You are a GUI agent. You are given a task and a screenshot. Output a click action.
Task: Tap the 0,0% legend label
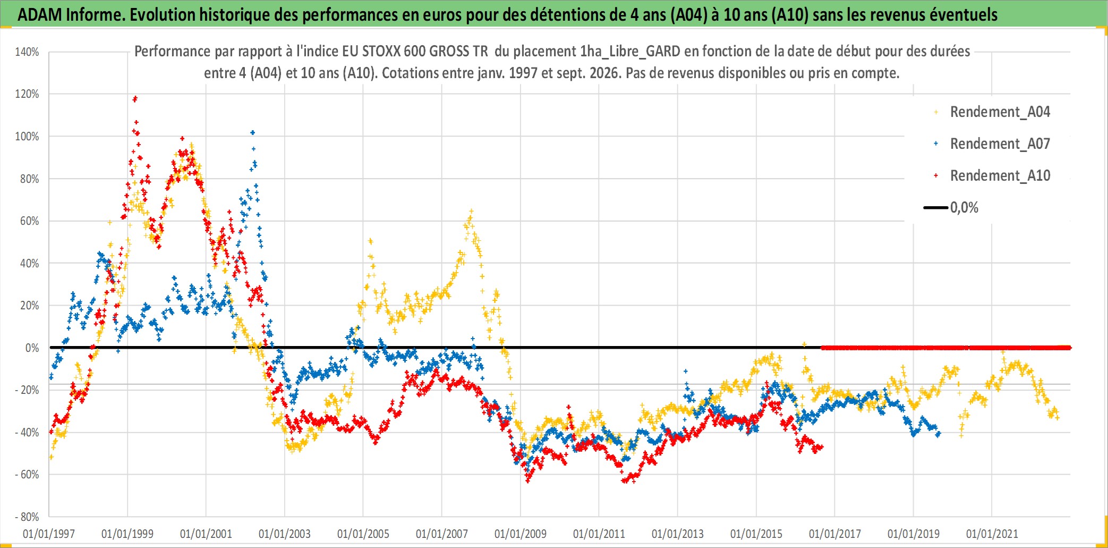(964, 207)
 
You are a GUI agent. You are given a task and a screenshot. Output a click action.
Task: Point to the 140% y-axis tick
(27, 52)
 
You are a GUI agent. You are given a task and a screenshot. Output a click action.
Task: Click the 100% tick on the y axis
(27, 136)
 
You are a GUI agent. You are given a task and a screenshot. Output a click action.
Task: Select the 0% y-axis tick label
(32, 348)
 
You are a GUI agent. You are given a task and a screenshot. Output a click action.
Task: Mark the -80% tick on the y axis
(27, 517)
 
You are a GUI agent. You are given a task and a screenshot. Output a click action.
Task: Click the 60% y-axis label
(30, 221)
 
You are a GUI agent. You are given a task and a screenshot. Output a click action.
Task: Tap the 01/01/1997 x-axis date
(49, 534)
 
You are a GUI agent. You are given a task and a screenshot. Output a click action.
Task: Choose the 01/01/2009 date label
(521, 534)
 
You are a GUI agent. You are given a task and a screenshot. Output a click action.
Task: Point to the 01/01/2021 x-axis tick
(992, 534)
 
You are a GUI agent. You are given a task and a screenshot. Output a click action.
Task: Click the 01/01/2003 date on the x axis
(285, 534)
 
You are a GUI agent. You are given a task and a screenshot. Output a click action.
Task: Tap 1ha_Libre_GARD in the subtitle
(630, 51)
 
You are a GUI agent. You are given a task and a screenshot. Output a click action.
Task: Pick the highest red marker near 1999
(135, 98)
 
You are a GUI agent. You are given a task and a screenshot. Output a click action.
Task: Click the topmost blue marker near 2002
(253, 132)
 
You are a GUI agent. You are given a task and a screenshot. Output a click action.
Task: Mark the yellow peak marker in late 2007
(471, 211)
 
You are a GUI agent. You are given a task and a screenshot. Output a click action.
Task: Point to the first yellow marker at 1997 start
(51, 457)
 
